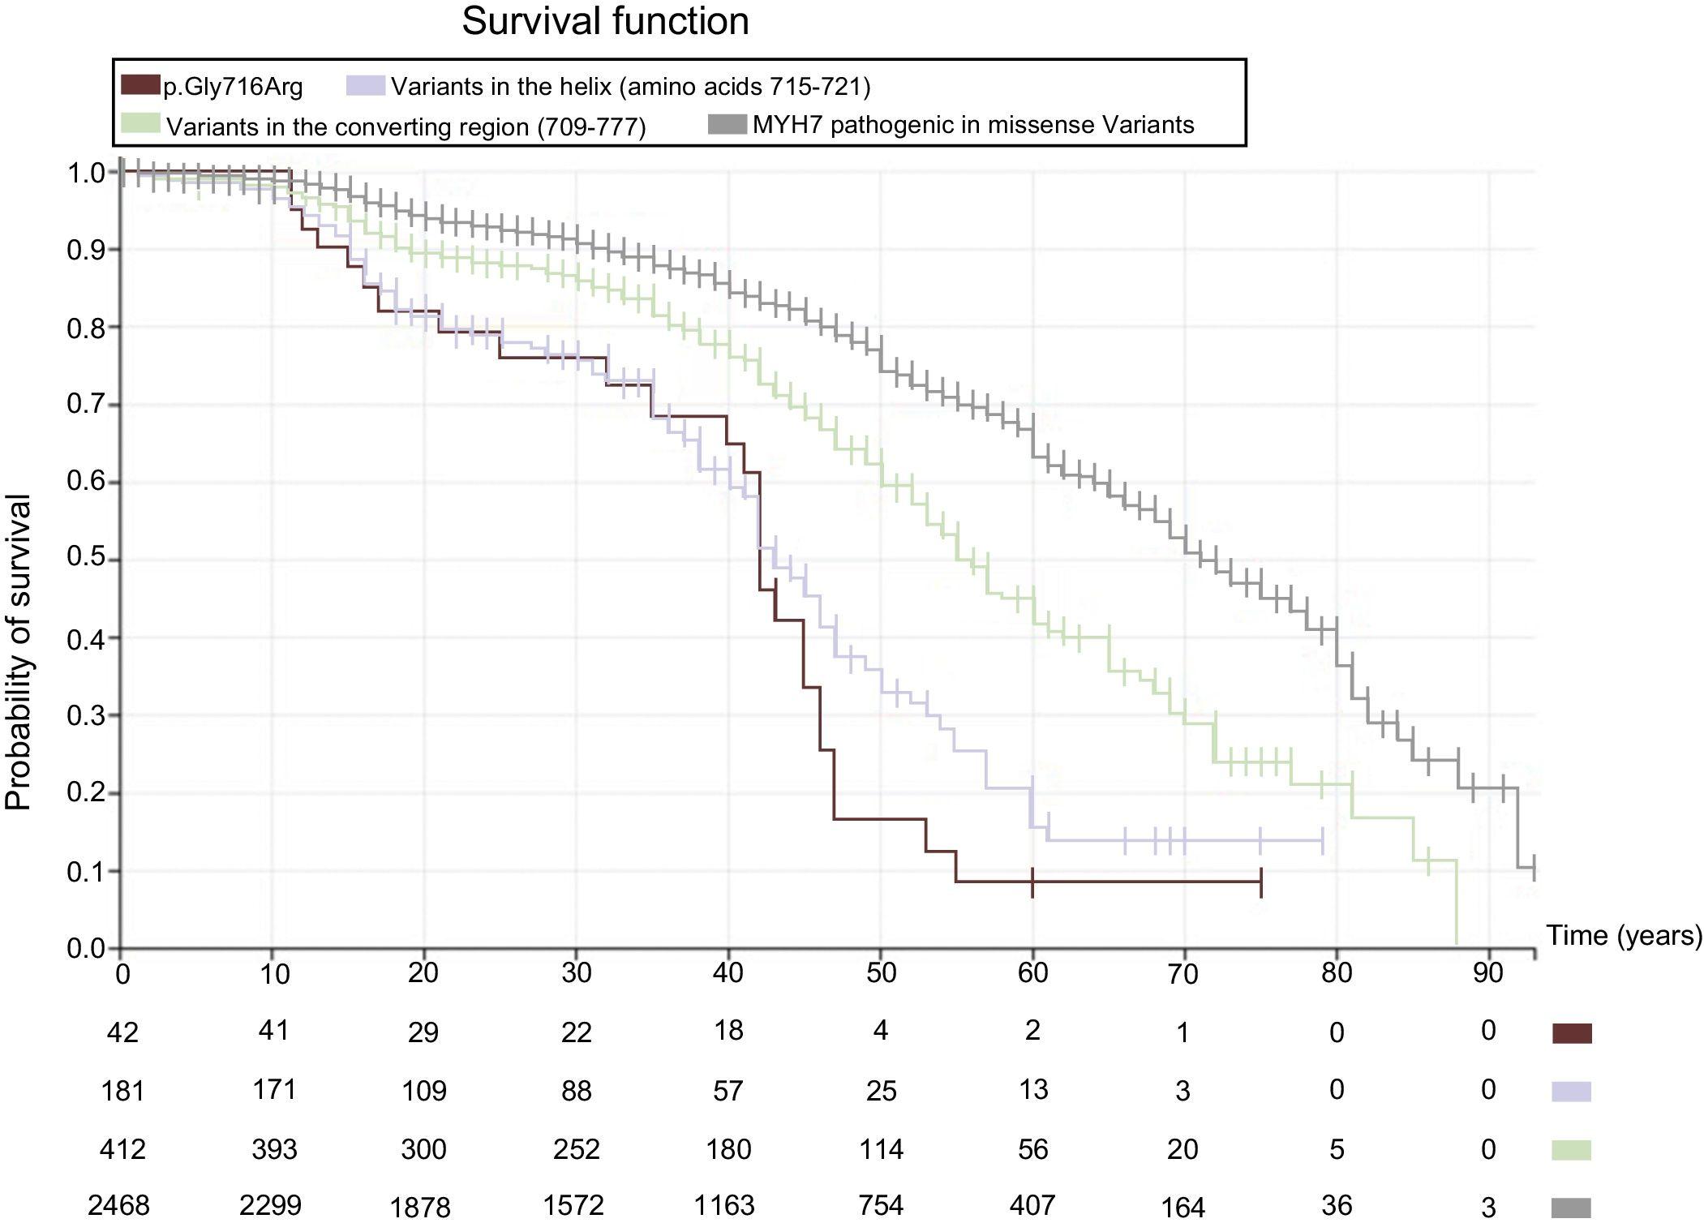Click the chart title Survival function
coord(605,22)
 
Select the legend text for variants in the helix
coord(630,86)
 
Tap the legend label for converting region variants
coord(406,127)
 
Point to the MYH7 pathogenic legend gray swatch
coord(727,125)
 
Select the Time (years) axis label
coord(1624,935)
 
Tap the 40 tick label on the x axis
coord(728,972)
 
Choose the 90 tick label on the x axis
coord(1487,972)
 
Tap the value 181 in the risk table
coord(122,1091)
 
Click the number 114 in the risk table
coord(881,1149)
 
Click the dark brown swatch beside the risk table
coord(1571,1033)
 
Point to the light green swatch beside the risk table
coord(1571,1150)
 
